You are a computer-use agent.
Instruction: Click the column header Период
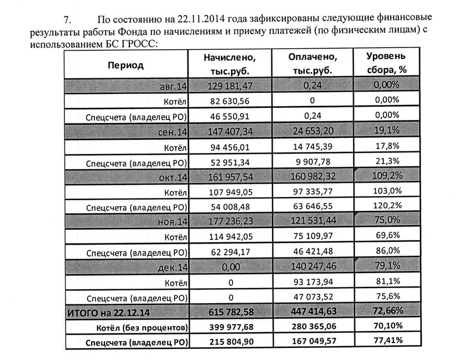point(125,66)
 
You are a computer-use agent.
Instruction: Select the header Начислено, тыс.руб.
point(230,66)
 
